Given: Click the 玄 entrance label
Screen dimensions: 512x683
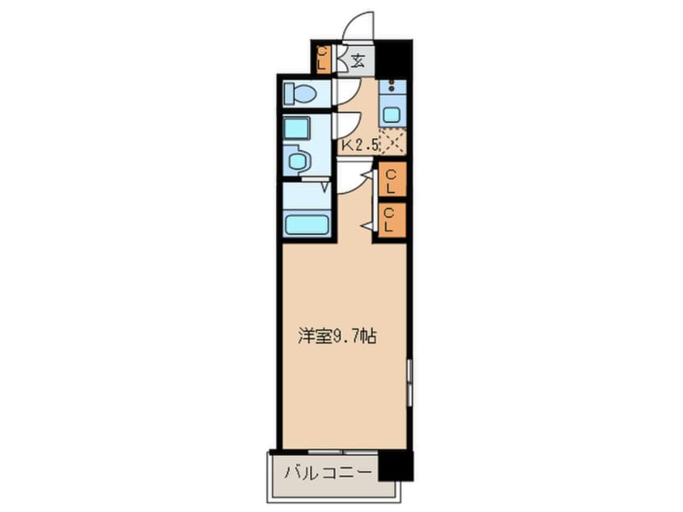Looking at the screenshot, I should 358,59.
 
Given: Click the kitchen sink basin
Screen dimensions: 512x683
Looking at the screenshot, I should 392,115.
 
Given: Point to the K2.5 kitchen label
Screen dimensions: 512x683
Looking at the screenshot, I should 361,146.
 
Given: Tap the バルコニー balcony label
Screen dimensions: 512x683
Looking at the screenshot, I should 327,471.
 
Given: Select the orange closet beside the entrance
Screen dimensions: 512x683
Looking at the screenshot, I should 323,59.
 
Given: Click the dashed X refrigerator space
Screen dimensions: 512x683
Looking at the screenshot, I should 392,141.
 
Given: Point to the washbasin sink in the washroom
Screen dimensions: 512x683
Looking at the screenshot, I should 298,161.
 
